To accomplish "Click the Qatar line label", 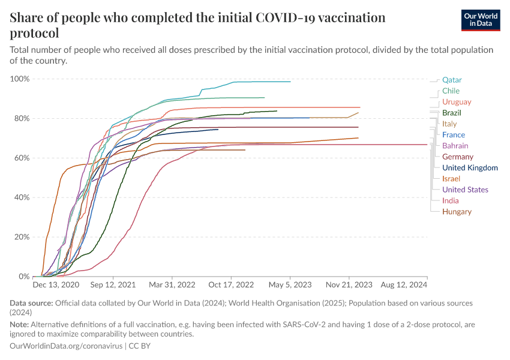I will click(x=452, y=80).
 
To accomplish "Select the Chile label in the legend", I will click(x=451, y=91).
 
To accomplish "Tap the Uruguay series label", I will click(x=456, y=102).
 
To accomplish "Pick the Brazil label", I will click(x=451, y=113).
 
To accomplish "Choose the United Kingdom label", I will click(x=470, y=168).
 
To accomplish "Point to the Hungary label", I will click(x=457, y=212).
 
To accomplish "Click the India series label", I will click(x=450, y=201).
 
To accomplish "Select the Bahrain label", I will click(x=455, y=146).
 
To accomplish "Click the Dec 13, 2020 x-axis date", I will click(x=56, y=284).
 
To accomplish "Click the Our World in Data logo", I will click(x=481, y=20).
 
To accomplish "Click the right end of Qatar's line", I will click(x=290, y=82).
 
